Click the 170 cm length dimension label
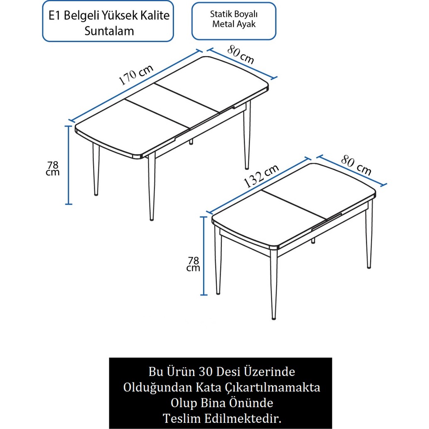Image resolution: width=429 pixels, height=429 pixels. (136, 75)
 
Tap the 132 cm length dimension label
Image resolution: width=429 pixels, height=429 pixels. (261, 176)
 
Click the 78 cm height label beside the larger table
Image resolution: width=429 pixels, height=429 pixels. (52, 168)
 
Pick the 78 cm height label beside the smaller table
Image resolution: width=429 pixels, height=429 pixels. (193, 264)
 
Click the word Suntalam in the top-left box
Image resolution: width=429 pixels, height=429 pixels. (109, 31)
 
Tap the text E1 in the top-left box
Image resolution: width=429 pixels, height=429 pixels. (54, 15)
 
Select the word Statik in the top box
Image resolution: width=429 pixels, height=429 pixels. (219, 14)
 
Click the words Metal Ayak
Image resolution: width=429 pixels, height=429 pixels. (234, 25)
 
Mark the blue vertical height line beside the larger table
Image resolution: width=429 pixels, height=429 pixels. (69, 165)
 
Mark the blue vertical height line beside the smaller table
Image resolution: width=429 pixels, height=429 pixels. (203, 256)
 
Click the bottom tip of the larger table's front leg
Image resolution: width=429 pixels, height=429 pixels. (152, 219)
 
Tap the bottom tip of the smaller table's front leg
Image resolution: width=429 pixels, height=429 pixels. (274, 318)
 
